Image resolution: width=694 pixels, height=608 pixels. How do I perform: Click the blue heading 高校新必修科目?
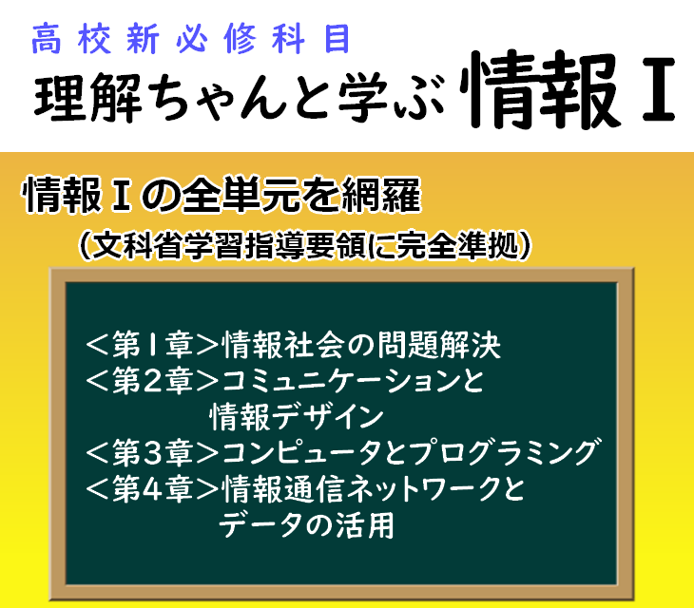pos(191,39)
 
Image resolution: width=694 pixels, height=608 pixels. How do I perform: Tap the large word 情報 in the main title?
pos(539,89)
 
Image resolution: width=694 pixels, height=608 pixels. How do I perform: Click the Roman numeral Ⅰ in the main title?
pos(658,89)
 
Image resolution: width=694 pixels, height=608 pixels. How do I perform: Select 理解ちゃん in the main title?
pos(161,97)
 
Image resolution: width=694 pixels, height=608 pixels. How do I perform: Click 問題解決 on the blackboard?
pos(444,345)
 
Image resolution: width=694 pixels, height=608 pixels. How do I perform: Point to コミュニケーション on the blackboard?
pos(340,381)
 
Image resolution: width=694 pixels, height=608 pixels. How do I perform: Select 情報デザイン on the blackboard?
pos(297,417)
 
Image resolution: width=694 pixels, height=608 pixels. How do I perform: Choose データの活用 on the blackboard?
pos(306,525)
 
